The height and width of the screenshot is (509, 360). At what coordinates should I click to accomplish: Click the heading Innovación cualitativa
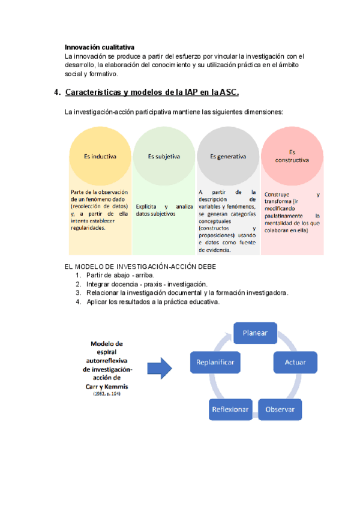pyautogui.click(x=100, y=47)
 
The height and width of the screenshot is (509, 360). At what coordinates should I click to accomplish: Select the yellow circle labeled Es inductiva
pyautogui.click(x=100, y=157)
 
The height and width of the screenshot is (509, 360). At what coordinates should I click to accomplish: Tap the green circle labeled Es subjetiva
pyautogui.click(x=164, y=157)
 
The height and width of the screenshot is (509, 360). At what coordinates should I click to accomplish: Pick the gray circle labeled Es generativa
pyautogui.click(x=228, y=157)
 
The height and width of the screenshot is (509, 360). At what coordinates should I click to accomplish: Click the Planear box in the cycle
pyautogui.click(x=255, y=333)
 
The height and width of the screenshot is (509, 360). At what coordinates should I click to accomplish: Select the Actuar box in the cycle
pyautogui.click(x=295, y=363)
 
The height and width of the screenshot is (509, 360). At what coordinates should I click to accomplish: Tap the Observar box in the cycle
pyautogui.click(x=280, y=409)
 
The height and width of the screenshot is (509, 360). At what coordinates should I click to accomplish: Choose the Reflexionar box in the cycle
pyautogui.click(x=230, y=409)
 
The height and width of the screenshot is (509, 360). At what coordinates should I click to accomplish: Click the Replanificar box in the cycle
pyautogui.click(x=215, y=363)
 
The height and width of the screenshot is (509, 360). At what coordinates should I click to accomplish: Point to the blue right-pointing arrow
pyautogui.click(x=160, y=366)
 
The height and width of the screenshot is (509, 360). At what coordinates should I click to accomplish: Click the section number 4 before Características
pyautogui.click(x=57, y=92)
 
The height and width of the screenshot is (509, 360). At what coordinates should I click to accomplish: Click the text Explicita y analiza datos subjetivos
pyautogui.click(x=163, y=209)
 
